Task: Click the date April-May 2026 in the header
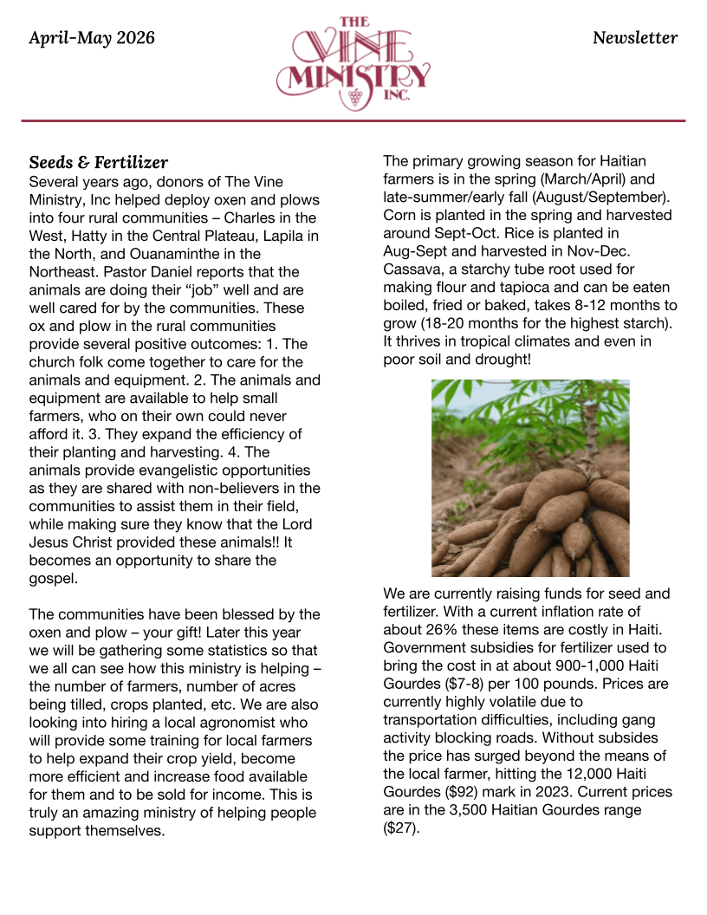click(x=92, y=38)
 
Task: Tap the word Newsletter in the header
click(x=635, y=38)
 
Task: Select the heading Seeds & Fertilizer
click(x=99, y=163)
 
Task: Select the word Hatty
click(x=94, y=236)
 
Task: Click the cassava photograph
click(x=530, y=478)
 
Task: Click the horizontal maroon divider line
click(x=353, y=120)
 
